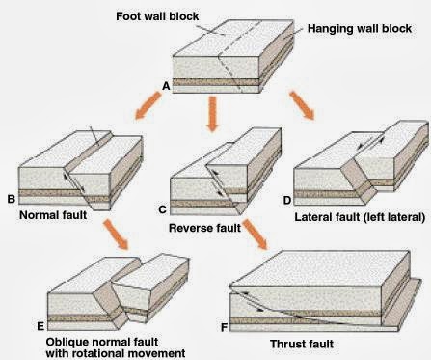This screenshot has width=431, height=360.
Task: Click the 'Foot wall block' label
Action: point(157,16)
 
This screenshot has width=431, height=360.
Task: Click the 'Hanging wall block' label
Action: point(360,29)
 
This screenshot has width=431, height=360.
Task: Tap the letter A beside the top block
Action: point(166,86)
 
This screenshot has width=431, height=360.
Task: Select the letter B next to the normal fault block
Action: point(12,199)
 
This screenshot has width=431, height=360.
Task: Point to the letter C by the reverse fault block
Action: point(163,209)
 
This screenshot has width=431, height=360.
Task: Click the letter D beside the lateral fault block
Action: point(287,200)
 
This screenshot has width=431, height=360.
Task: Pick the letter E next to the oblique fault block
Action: point(40,326)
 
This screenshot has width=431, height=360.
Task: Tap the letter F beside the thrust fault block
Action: point(224,327)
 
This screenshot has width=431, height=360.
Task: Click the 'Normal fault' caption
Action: point(53,215)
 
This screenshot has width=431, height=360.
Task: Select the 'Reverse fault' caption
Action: point(204,228)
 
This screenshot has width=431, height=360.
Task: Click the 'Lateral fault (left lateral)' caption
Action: point(360,217)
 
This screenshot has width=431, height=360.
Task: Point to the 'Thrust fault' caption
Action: point(302,344)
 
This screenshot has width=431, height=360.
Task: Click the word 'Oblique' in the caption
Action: point(67,342)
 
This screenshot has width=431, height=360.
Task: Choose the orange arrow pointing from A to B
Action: point(148,105)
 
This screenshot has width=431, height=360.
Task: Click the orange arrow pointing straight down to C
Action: point(212,114)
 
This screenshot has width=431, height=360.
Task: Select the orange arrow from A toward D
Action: point(302,105)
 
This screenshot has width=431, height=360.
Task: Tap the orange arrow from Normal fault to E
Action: point(116,235)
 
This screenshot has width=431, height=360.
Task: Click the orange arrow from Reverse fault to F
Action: point(256,235)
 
